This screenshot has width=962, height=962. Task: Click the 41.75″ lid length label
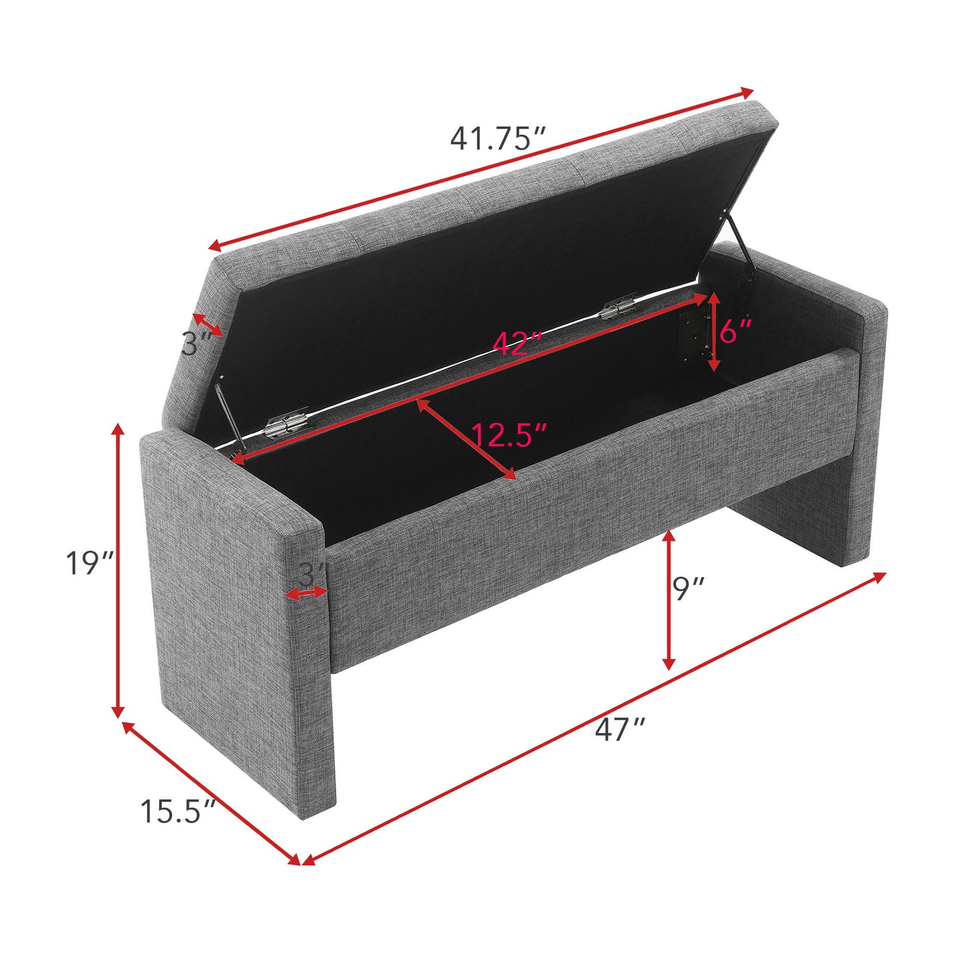pos(498,138)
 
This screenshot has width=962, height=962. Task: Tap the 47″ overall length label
pos(620,730)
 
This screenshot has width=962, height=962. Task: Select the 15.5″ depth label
pos(178,812)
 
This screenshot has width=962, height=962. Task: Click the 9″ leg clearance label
pos(688,589)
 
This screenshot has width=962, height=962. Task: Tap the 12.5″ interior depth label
pos(509,435)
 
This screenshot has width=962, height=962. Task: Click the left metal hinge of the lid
pos(287,425)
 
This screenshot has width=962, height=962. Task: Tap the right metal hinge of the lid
pos(618,308)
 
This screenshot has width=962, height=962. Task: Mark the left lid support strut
pos(230,414)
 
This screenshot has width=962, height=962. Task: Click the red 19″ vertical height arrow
pos(119,570)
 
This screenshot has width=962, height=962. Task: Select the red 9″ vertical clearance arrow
pos(669,600)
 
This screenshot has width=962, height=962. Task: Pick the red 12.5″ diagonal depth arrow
pos(467,439)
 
